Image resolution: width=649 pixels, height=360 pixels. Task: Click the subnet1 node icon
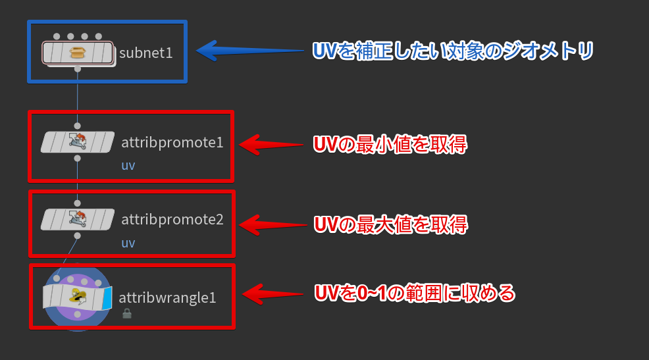click(x=78, y=52)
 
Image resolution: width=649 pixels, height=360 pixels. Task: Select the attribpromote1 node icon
click(x=78, y=141)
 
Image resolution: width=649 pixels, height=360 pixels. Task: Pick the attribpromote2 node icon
click(x=78, y=219)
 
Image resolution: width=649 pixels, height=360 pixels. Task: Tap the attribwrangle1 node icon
click(x=78, y=297)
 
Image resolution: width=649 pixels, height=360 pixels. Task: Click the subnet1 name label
click(x=146, y=53)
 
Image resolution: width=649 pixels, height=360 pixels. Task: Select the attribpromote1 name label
click(x=172, y=142)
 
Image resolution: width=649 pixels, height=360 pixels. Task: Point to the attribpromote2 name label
click(x=172, y=219)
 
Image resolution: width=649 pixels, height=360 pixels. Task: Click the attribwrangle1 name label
click(x=167, y=297)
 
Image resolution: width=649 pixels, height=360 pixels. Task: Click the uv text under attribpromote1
click(x=128, y=165)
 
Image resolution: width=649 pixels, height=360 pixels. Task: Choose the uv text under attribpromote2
click(x=128, y=243)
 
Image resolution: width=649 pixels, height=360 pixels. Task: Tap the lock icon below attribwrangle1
click(x=127, y=314)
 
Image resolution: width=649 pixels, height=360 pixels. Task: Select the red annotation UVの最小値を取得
click(x=390, y=144)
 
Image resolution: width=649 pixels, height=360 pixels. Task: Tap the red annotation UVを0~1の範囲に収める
click(x=414, y=293)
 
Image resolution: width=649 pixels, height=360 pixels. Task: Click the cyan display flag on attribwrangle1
click(x=107, y=298)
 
